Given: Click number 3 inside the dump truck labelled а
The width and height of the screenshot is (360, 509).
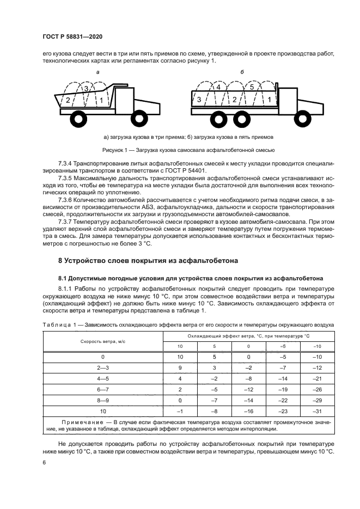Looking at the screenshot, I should click(85, 89).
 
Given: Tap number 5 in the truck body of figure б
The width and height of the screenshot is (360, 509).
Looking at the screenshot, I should click(252, 87).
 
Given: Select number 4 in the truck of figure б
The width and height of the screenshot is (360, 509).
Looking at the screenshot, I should click(218, 87).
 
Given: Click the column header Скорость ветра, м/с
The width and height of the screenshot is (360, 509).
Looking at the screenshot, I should click(102, 341).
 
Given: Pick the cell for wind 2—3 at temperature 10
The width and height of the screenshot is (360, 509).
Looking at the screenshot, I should click(180, 367).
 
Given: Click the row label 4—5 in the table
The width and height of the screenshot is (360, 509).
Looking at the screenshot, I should click(102, 378).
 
